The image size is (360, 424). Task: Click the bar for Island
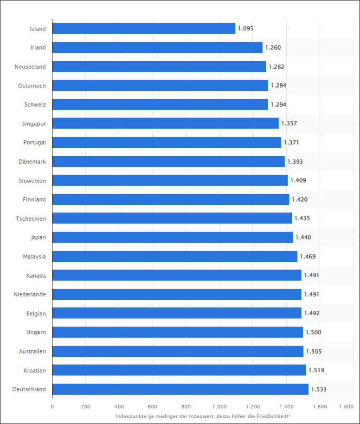click(x=144, y=28)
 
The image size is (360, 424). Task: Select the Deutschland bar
click(x=180, y=389)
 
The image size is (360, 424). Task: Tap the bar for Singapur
click(x=165, y=123)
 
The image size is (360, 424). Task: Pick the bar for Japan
click(x=173, y=237)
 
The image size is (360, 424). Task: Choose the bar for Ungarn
click(x=177, y=332)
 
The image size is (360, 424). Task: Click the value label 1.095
click(x=245, y=29)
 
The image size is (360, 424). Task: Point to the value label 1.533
click(x=319, y=390)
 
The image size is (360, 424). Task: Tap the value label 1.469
click(x=308, y=256)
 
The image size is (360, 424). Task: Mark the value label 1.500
click(x=313, y=332)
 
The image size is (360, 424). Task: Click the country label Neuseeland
click(x=30, y=67)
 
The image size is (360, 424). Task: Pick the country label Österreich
click(x=32, y=86)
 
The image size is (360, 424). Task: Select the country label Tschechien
click(x=31, y=218)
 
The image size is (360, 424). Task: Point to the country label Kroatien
click(x=35, y=370)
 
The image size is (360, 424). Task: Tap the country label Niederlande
click(x=30, y=294)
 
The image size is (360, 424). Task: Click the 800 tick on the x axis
click(x=186, y=406)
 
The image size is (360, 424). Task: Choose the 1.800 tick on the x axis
click(x=347, y=406)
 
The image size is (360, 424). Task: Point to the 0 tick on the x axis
click(x=52, y=406)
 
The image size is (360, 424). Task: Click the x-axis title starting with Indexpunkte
click(x=203, y=416)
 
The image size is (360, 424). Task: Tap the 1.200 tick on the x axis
click(x=252, y=406)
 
